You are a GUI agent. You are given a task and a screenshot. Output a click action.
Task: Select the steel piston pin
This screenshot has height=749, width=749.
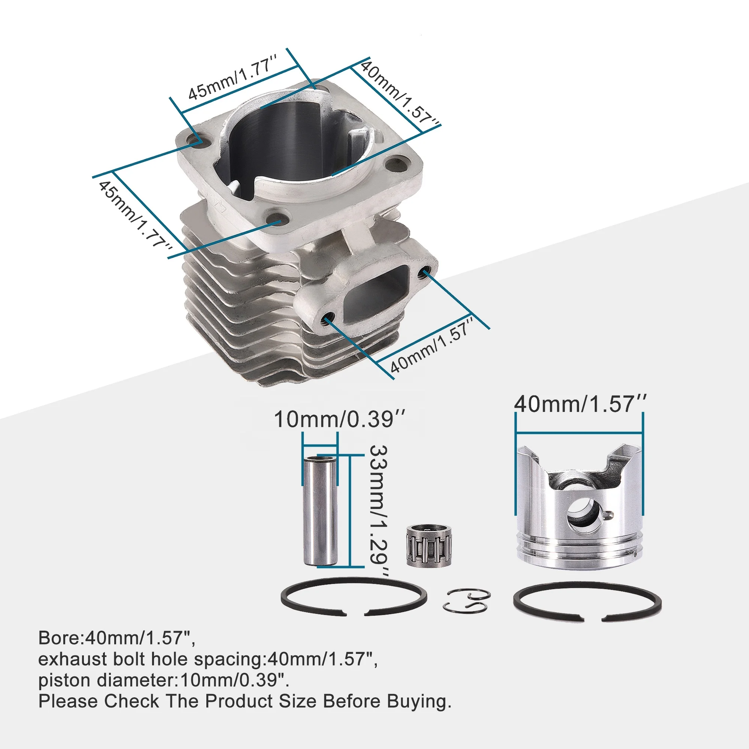click(320, 511)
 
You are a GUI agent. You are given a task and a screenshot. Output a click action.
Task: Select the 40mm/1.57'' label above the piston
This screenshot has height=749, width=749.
click(580, 404)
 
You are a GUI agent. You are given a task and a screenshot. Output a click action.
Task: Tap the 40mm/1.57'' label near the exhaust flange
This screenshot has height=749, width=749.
click(431, 345)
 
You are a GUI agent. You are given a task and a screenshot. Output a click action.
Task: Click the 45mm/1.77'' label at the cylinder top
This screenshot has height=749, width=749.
click(233, 78)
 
